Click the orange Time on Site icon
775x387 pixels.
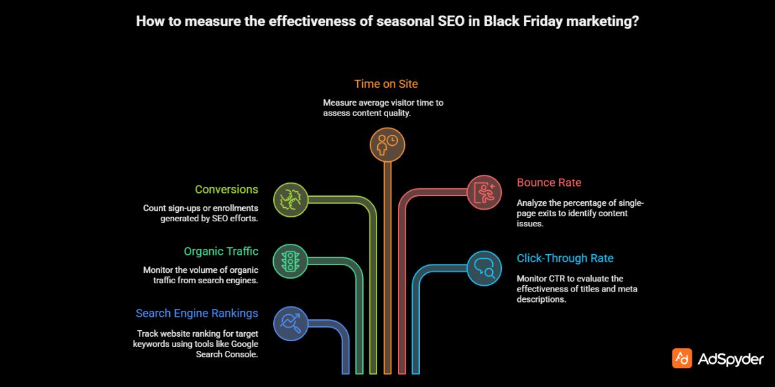[387, 143]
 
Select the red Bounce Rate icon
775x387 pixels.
[484, 192]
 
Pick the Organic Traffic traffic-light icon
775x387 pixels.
[290, 261]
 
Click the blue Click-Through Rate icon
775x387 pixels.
[484, 268]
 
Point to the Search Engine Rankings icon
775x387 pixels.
[290, 323]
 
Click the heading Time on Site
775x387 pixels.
[386, 84]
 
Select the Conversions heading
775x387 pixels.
[226, 190]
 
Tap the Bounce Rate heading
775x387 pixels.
[549, 183]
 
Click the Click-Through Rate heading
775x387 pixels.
[565, 259]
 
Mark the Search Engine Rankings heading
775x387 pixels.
[196, 313]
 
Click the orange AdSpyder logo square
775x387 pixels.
[682, 359]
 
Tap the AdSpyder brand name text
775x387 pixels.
[730, 359]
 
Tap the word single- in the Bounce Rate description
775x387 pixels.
[630, 203]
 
